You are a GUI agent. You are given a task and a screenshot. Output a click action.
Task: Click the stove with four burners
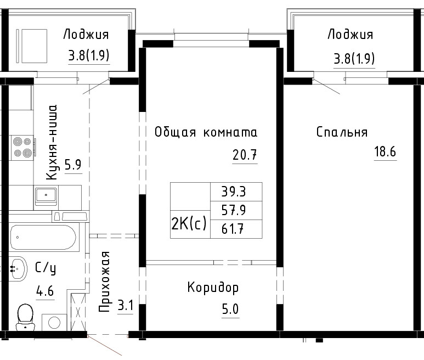click(22, 148)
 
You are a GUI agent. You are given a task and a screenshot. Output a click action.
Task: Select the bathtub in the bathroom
click(43, 237)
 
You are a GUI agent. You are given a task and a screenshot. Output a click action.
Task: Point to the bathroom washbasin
click(18, 268)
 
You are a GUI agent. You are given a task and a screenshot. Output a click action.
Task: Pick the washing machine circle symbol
click(54, 322)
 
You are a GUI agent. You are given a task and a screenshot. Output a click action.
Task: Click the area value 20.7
click(245, 155)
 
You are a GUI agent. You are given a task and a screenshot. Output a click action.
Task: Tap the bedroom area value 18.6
click(385, 151)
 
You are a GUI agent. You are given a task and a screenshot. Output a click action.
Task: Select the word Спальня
click(342, 132)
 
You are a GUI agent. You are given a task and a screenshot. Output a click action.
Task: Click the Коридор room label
click(213, 288)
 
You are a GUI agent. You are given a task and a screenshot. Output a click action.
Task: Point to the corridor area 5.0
click(230, 309)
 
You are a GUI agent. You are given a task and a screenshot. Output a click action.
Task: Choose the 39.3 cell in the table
click(234, 192)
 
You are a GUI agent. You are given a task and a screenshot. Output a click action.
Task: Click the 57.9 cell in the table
click(234, 210)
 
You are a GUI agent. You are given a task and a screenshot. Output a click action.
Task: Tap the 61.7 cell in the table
click(234, 229)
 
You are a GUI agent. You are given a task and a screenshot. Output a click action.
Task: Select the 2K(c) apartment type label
click(189, 224)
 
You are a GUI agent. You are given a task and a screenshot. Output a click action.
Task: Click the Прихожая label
click(105, 282)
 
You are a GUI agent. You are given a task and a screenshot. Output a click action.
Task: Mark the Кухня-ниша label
click(52, 143)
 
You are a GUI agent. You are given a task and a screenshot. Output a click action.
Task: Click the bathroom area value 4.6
click(45, 291)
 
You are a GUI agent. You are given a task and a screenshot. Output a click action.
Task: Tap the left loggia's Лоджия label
click(86, 35)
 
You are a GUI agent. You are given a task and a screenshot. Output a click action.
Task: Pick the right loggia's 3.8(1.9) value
click(354, 58)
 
